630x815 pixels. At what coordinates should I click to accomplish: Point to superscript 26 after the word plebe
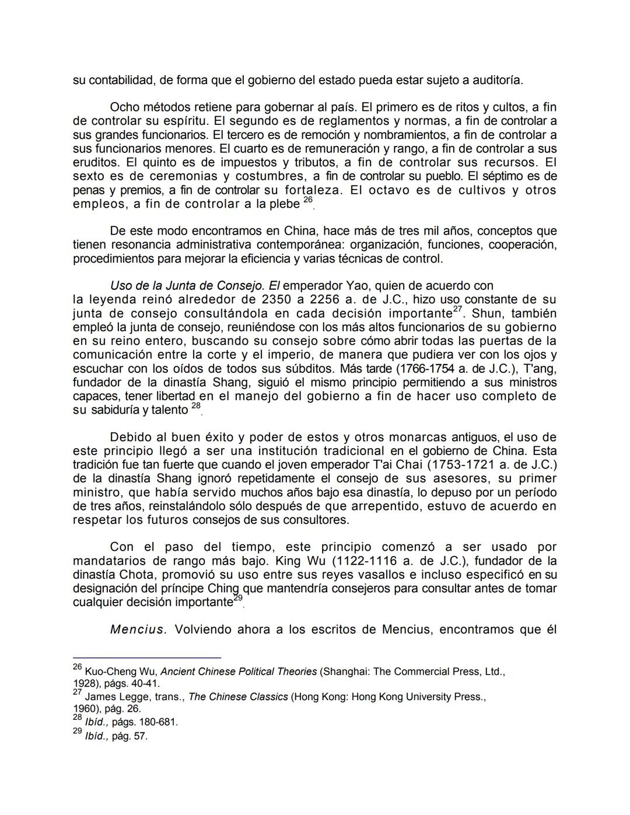point(308,200)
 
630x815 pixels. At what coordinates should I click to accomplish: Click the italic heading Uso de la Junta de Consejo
point(187,286)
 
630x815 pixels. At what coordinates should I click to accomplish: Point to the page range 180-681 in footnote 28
point(157,722)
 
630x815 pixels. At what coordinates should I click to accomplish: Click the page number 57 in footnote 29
point(141,736)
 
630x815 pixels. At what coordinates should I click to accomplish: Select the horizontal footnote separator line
point(146,657)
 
